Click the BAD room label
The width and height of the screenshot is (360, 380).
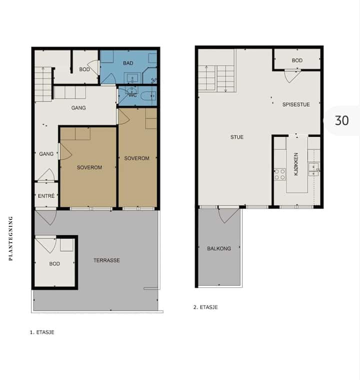[x=128, y=63]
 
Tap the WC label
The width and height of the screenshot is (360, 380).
[x=132, y=95]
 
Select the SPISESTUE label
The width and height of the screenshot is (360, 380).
[x=296, y=104]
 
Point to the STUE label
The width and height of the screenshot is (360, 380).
[x=237, y=137]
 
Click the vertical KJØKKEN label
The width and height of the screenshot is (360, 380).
[x=296, y=164]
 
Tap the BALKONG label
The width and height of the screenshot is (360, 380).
[x=219, y=248]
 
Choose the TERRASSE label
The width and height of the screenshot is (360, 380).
[x=106, y=260]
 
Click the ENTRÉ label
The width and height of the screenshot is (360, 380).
[x=46, y=196]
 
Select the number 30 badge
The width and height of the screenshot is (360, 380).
[x=342, y=120]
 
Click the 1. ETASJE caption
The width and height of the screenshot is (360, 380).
[x=42, y=332]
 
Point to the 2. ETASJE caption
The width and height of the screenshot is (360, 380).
[x=205, y=307]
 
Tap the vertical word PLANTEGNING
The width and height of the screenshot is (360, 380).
[x=10, y=239]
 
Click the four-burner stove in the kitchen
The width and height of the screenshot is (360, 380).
[x=279, y=174]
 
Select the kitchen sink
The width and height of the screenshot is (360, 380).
[x=313, y=169]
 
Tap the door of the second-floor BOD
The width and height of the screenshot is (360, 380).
[x=292, y=76]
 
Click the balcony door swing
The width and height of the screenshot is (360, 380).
[x=228, y=216]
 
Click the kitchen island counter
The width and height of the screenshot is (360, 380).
[x=297, y=164]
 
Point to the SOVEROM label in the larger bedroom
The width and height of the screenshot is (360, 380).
[x=89, y=167]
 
